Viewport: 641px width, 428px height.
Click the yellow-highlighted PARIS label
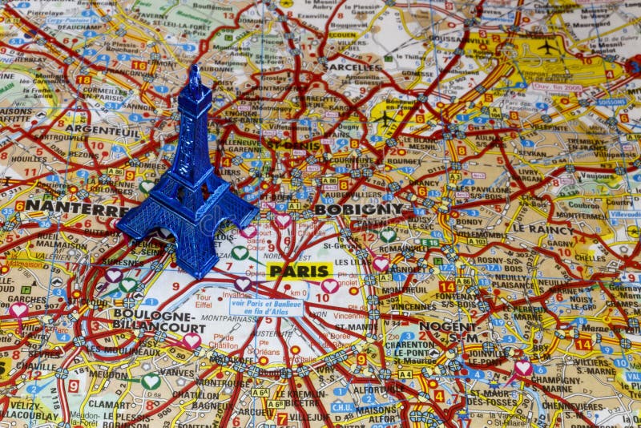(300, 271)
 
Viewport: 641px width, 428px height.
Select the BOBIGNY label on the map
(358, 209)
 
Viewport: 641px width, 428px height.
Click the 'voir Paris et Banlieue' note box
(267, 307)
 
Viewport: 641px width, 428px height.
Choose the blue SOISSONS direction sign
(611, 103)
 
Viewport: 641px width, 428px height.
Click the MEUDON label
(110, 373)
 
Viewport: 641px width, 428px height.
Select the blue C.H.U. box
(342, 406)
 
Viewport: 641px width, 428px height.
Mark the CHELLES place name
(589, 258)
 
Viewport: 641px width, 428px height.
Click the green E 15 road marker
(429, 242)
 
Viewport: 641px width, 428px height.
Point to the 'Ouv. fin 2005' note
(557, 87)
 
